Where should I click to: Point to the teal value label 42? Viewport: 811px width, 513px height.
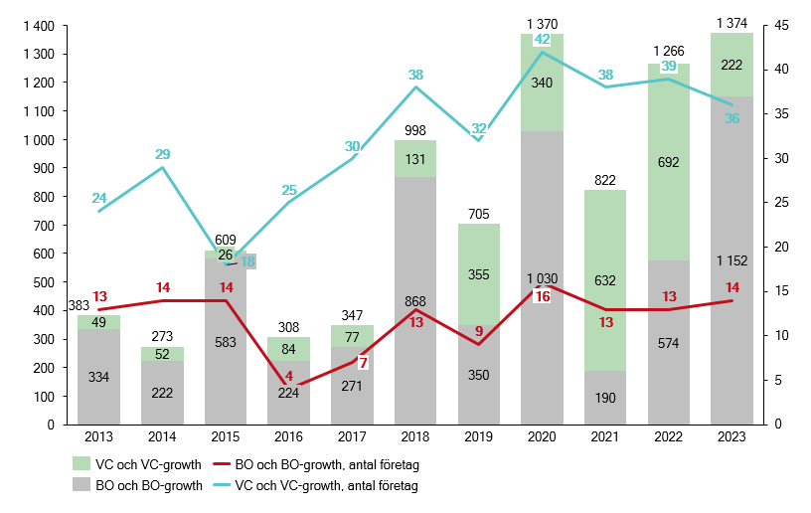click(543, 40)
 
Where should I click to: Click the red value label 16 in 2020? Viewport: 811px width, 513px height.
click(543, 297)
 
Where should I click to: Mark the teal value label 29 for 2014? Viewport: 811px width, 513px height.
click(163, 154)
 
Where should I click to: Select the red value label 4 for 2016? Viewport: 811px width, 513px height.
click(289, 377)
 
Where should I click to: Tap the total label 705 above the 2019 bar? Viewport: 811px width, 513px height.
click(479, 212)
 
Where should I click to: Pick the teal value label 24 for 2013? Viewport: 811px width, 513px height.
click(99, 197)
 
